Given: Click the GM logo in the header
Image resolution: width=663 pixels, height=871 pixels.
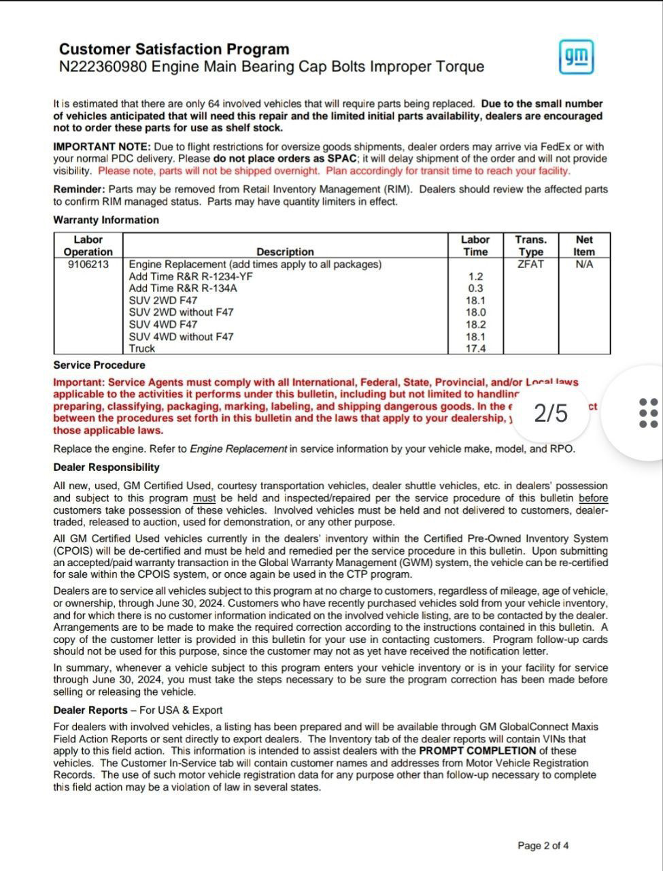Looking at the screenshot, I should point(576,57).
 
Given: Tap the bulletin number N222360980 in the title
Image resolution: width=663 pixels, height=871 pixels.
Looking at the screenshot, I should point(103,67).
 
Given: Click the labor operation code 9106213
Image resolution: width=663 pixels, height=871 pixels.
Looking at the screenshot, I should point(88,264).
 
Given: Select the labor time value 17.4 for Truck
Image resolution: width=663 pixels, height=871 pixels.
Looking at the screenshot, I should point(475,348).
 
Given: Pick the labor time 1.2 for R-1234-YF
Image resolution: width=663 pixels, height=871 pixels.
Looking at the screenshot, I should point(475,276).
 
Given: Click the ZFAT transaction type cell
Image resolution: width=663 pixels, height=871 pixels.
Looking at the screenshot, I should point(530,264).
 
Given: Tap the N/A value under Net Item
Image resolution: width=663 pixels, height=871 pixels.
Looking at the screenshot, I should point(584,264).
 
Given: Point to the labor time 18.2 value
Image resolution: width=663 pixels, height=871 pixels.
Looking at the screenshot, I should point(475,325).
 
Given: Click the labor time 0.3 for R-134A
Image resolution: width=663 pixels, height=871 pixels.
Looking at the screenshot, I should point(475,289).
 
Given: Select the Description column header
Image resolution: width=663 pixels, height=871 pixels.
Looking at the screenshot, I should point(285,252).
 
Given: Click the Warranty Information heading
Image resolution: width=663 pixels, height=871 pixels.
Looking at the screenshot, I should point(106,220).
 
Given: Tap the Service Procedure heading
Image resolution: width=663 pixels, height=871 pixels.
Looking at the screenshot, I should point(99,365).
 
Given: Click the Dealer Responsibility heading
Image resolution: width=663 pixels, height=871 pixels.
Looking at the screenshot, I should point(107,467).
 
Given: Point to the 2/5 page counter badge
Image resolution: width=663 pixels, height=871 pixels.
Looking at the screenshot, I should point(551,413).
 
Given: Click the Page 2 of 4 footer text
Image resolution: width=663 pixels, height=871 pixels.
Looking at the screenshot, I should point(543,846).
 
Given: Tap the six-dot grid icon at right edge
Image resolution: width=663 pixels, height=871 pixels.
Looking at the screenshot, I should point(649,413).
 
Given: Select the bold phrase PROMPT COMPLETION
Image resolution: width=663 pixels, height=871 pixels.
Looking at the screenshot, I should point(477,751).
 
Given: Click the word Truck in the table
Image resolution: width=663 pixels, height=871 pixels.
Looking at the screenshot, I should point(142,348).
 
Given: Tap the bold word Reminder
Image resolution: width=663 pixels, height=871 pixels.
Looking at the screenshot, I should point(79,189).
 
